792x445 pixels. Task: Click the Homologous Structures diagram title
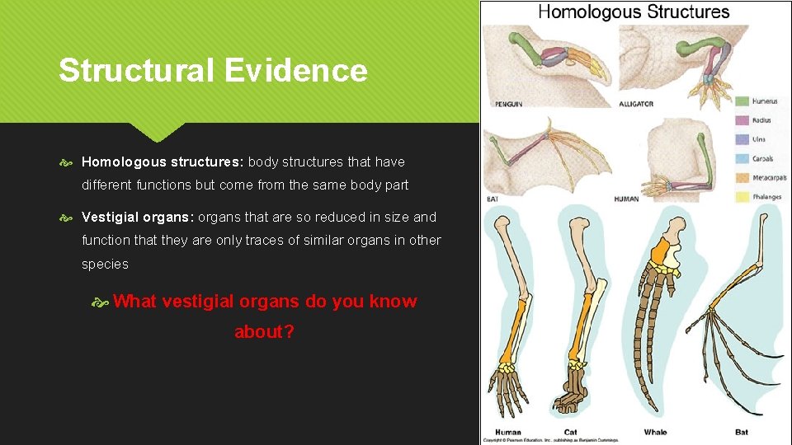coord(634,12)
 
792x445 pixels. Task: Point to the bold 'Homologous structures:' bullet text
coord(163,162)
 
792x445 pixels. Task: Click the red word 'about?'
coord(265,332)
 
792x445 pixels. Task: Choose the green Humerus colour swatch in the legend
coord(741,101)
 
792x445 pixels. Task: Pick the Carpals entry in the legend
coord(762,159)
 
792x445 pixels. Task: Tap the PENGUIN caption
coord(508,105)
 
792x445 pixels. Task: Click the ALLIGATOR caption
coord(636,105)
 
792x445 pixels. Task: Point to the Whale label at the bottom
coord(657,433)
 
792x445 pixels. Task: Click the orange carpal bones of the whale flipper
coord(662,247)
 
